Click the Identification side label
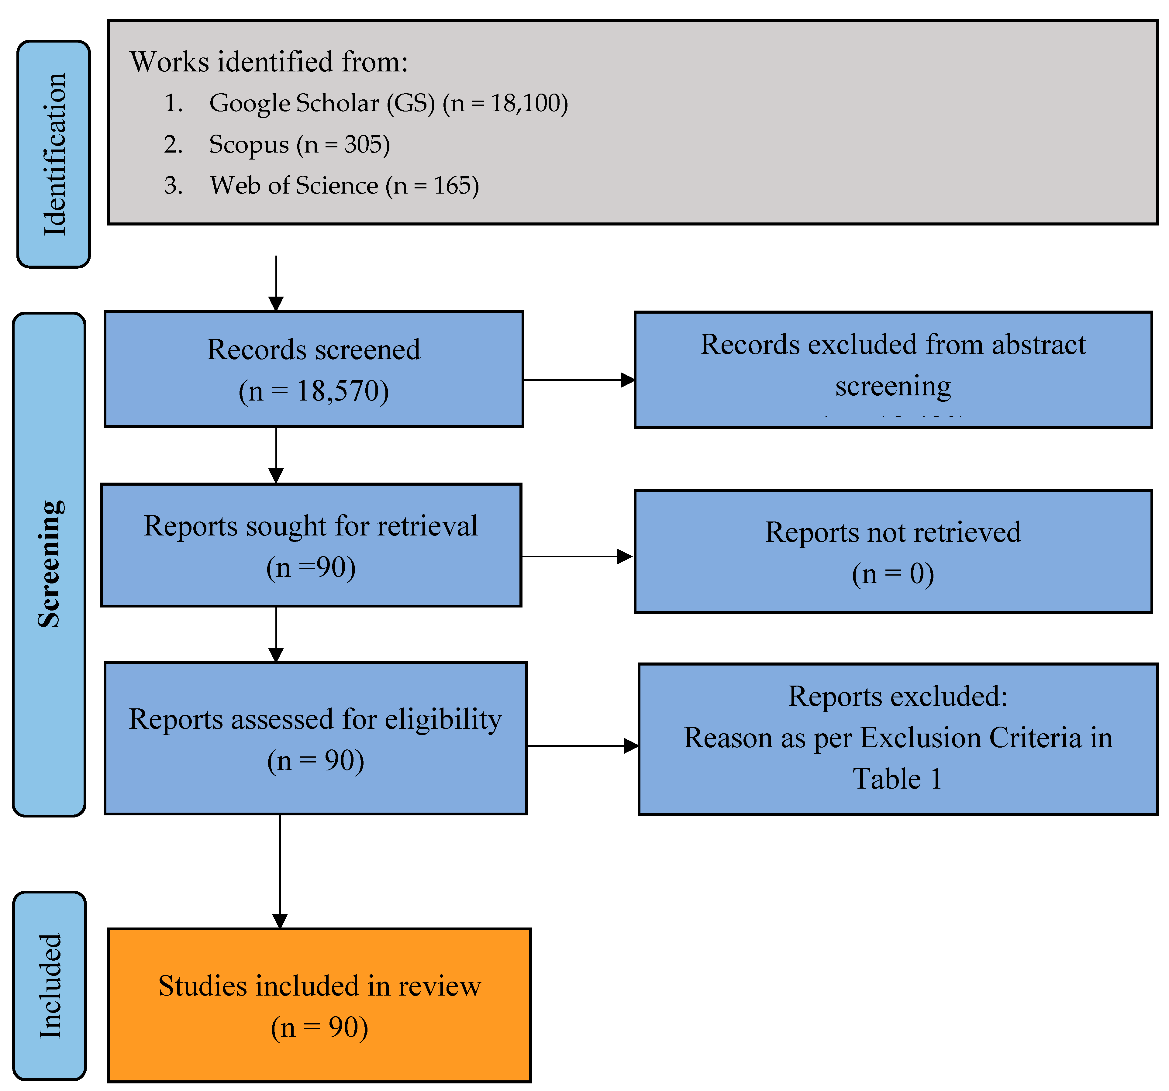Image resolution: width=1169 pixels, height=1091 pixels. click(x=54, y=154)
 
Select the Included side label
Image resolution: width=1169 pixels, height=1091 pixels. click(x=50, y=986)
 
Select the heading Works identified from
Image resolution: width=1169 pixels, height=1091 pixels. click(x=269, y=62)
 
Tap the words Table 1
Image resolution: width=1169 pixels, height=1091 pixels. click(x=897, y=779)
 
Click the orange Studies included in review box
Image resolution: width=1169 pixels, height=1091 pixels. click(x=319, y=1005)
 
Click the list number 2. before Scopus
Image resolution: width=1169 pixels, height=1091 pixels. click(x=173, y=145)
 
